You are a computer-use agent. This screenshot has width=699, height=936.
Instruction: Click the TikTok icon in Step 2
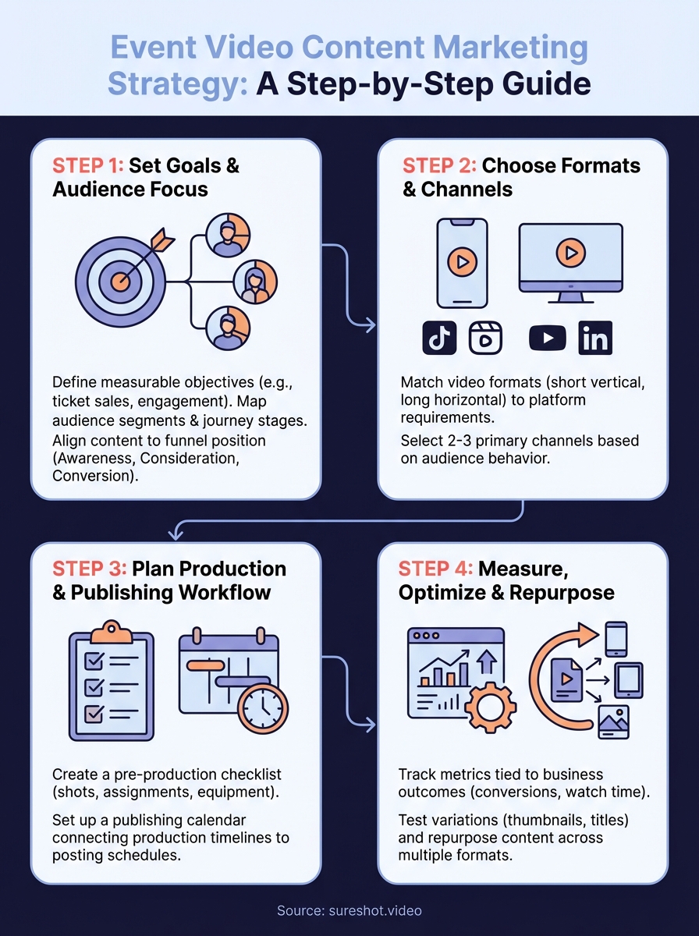click(439, 338)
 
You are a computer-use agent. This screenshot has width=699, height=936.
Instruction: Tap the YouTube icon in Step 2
click(548, 338)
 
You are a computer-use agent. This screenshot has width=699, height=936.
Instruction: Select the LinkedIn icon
click(594, 339)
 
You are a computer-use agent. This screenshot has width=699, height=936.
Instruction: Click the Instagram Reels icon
click(485, 338)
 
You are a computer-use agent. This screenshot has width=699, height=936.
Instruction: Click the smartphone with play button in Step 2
click(462, 263)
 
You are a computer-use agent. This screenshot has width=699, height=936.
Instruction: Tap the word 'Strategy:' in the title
click(176, 83)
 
